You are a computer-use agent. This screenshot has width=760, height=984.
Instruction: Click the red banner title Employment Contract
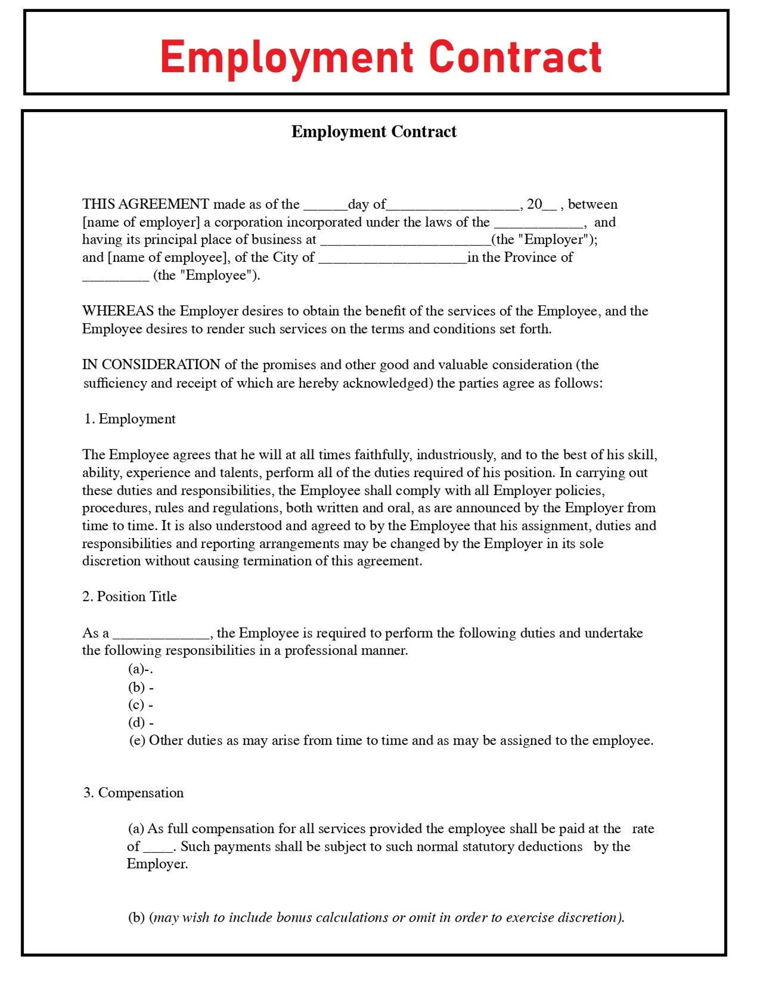click(380, 57)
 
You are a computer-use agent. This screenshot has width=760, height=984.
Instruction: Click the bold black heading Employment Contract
click(374, 132)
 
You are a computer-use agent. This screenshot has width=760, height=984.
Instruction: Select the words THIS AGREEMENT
click(145, 204)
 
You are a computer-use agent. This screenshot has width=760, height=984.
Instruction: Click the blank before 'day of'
click(325, 207)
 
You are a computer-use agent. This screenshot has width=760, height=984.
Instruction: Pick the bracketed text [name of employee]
click(167, 258)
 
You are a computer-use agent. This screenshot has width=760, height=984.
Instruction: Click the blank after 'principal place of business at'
click(405, 242)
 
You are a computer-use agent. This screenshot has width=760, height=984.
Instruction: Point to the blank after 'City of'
click(392, 260)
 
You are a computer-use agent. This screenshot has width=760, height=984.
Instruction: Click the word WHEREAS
click(118, 311)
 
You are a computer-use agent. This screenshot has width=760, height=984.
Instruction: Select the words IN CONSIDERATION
click(151, 365)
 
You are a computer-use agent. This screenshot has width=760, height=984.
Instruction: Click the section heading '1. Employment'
click(130, 419)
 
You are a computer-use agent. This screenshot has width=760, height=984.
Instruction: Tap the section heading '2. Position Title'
click(130, 597)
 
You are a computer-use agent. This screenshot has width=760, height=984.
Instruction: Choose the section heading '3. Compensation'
click(134, 793)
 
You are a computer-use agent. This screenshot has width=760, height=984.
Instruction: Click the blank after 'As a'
click(161, 636)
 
